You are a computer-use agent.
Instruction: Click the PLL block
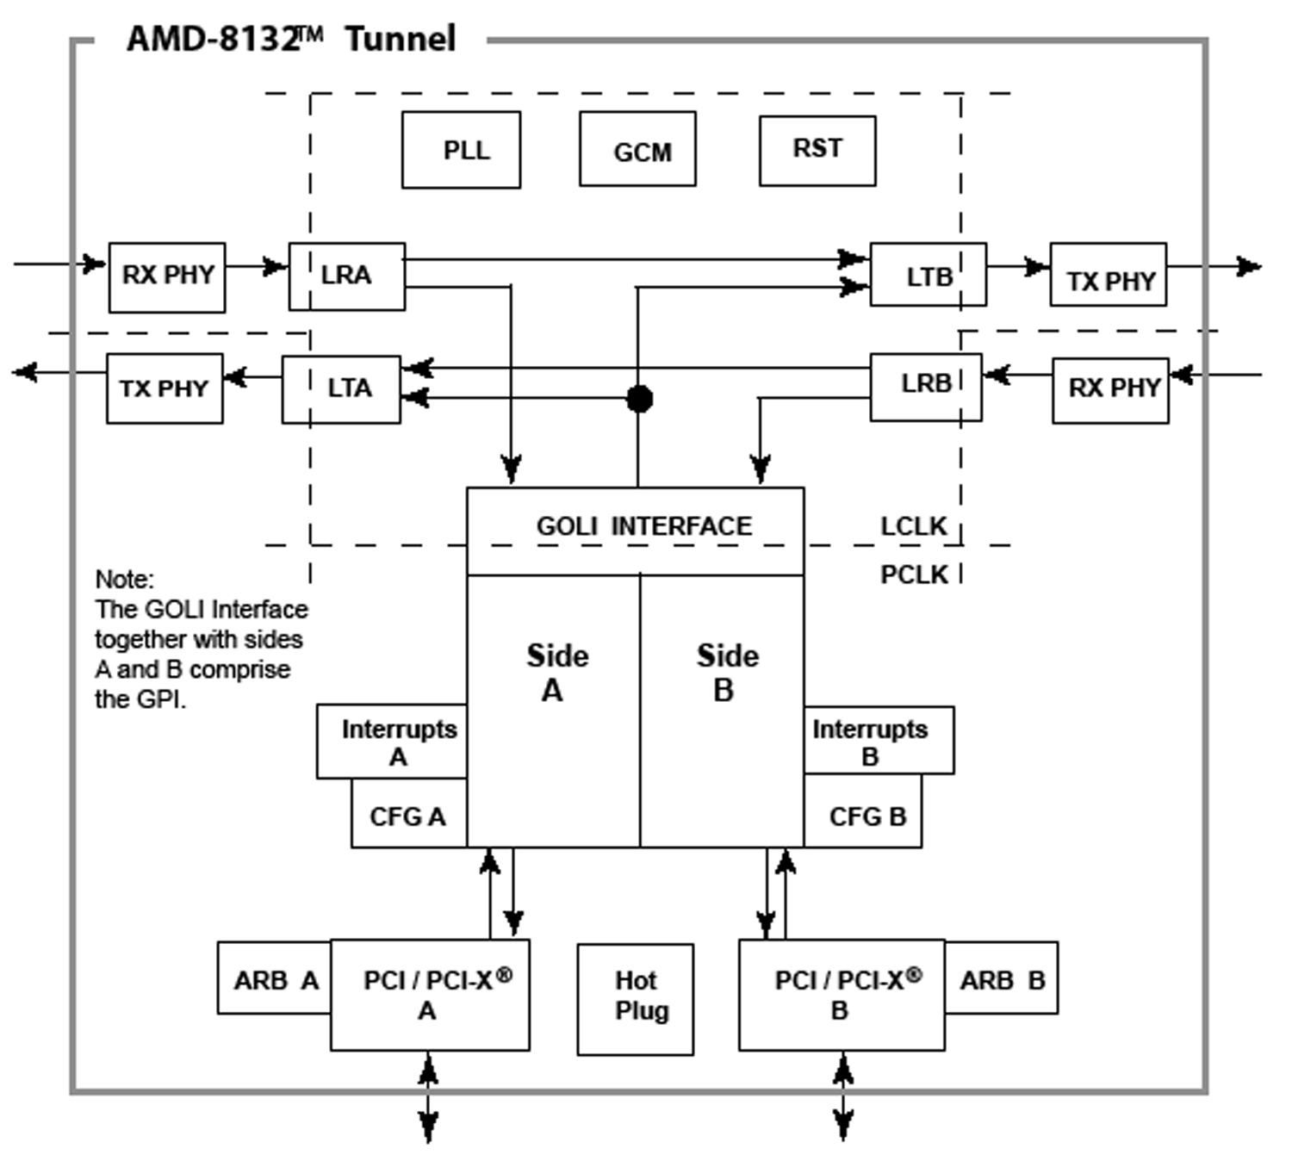[x=461, y=150]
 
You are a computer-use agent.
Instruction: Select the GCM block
[x=637, y=149]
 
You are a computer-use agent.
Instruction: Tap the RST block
[x=817, y=151]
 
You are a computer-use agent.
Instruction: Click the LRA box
[x=346, y=276]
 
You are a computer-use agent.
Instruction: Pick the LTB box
[x=928, y=275]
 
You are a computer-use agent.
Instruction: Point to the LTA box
[x=341, y=388]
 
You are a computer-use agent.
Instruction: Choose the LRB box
[x=926, y=387]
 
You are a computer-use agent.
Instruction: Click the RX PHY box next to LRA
[x=167, y=276]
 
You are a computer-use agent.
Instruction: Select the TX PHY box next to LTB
[x=1109, y=275]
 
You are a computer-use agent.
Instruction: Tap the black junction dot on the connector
[x=639, y=399]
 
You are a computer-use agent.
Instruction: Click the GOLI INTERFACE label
[x=643, y=525]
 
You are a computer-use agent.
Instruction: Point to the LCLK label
[x=913, y=525]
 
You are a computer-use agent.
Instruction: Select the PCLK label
[x=913, y=574]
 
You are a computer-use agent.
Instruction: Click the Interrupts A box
[x=392, y=742]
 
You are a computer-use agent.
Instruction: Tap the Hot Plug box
[x=636, y=999]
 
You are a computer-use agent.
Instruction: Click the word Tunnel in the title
[x=401, y=40]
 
